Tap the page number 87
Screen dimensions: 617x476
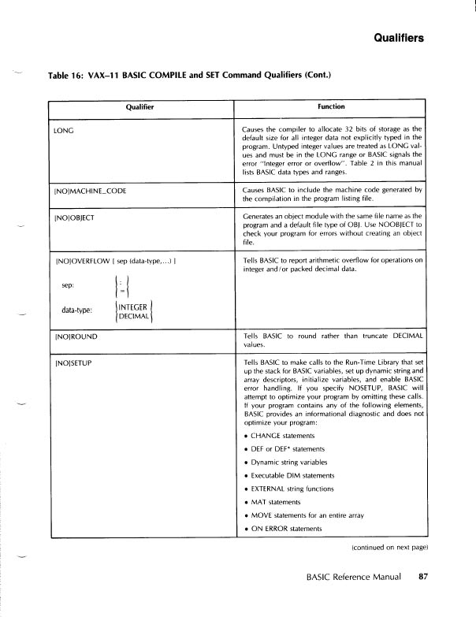422,578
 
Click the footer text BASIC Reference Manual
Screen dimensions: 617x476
354,578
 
